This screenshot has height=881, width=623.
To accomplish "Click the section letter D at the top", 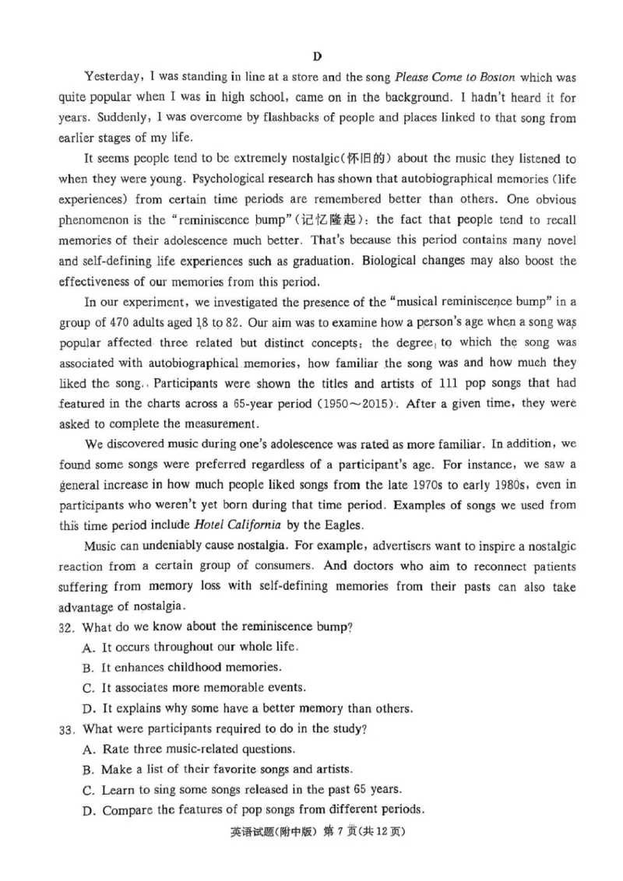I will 317,56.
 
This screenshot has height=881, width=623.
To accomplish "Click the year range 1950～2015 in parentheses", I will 351,404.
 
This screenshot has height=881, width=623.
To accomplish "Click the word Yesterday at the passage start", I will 111,78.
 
